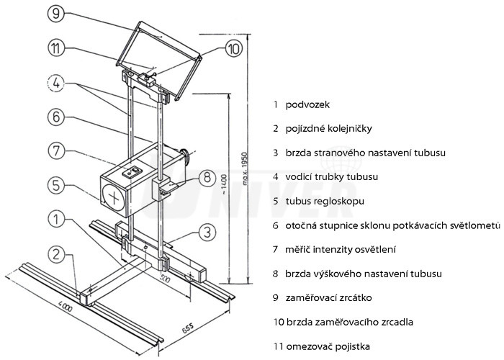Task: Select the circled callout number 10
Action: point(234,49)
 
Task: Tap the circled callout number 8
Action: point(206,176)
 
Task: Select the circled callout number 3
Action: point(207,231)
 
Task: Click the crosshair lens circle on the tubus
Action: point(112,195)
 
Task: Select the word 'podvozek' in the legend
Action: point(307,104)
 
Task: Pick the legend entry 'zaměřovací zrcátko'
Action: point(327,297)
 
